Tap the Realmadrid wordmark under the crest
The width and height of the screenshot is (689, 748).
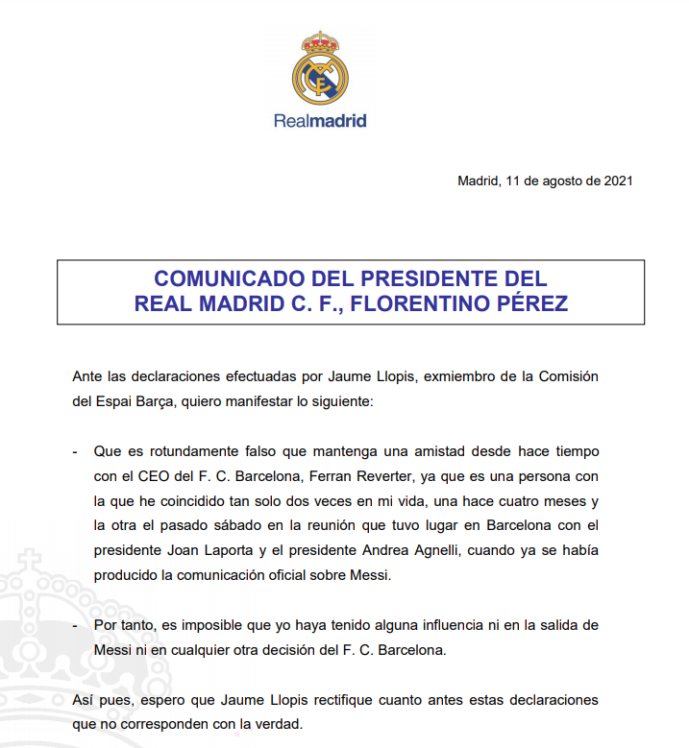pos(319,121)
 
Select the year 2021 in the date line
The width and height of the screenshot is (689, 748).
pos(617,180)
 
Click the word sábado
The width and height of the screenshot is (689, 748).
pos(248,525)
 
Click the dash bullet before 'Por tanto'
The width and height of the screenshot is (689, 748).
pos(76,625)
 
